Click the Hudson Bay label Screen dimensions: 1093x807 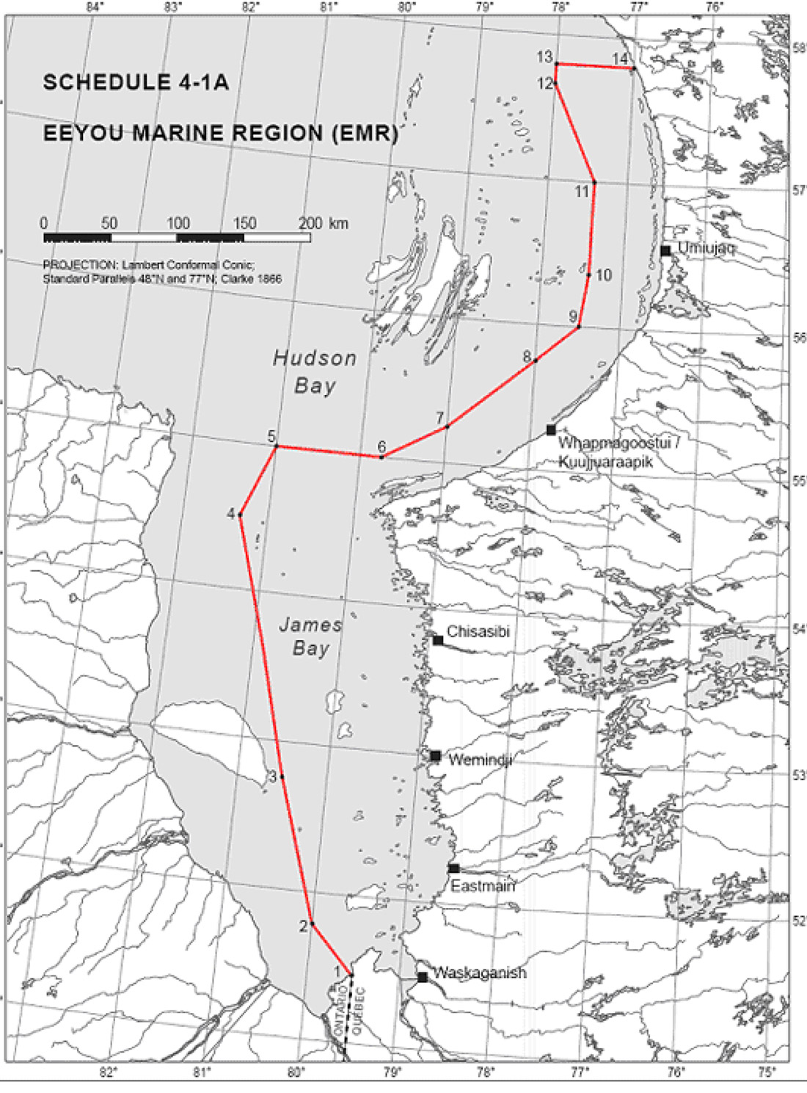coord(315,371)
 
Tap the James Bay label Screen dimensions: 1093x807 coord(310,636)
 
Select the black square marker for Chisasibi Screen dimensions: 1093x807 coord(438,640)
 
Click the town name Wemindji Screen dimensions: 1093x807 coord(480,759)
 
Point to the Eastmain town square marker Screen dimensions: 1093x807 coord(453,868)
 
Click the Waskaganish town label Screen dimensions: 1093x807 coord(480,973)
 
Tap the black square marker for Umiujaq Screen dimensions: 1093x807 coord(665,251)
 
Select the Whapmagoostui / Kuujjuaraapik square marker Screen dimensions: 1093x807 coord(551,430)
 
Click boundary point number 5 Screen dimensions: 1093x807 coord(276,446)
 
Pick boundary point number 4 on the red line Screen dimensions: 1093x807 coord(240,515)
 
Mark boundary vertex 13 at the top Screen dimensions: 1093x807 coord(557,64)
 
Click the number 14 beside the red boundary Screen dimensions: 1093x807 coord(620,59)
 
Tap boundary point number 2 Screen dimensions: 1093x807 coord(312,923)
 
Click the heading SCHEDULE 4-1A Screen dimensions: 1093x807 coord(136,82)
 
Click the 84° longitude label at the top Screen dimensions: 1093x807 coord(93,7)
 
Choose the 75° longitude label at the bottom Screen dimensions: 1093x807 coord(767,1072)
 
